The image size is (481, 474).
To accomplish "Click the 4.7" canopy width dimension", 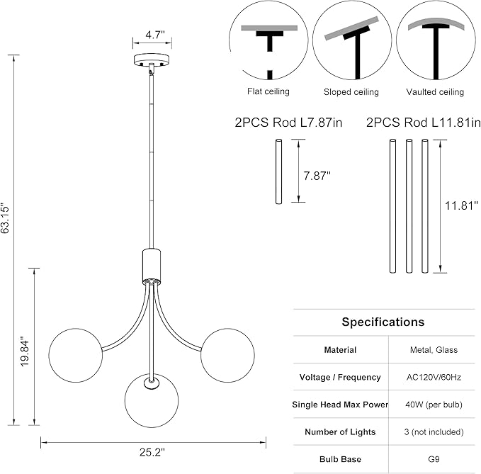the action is click(155, 35).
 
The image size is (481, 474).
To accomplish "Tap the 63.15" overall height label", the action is click(5, 218).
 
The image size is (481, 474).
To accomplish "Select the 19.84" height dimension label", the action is click(25, 353).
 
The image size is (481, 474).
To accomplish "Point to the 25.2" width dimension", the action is click(152, 452).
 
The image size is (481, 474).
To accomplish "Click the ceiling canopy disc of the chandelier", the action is click(152, 60).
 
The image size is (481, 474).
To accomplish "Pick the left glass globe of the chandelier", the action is click(76, 355).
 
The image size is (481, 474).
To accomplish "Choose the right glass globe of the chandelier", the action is click(227, 355).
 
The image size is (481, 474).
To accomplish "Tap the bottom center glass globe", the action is click(152, 400).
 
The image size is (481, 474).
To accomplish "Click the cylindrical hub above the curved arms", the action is click(152, 266).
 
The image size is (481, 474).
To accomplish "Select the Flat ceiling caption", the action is click(268, 91).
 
